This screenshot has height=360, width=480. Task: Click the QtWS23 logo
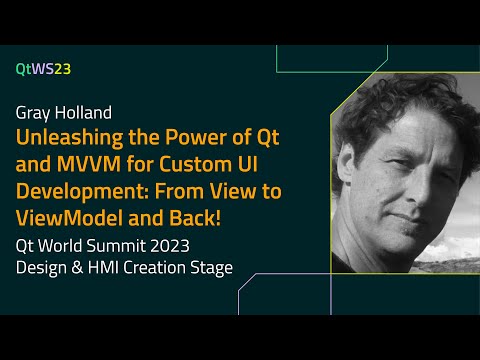[43, 69]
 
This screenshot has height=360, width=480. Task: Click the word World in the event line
[88, 244]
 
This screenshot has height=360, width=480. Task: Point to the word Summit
[152, 244]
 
